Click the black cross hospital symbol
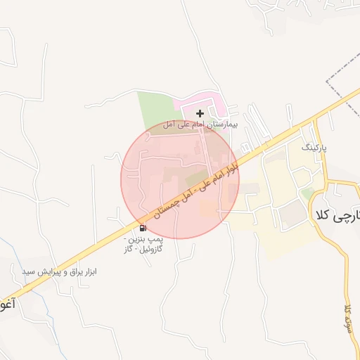(200, 112)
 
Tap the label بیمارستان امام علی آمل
(200, 124)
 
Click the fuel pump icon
(143, 227)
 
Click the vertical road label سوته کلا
(347, 320)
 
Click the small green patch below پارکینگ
(307, 192)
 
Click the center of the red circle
(180, 179)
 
